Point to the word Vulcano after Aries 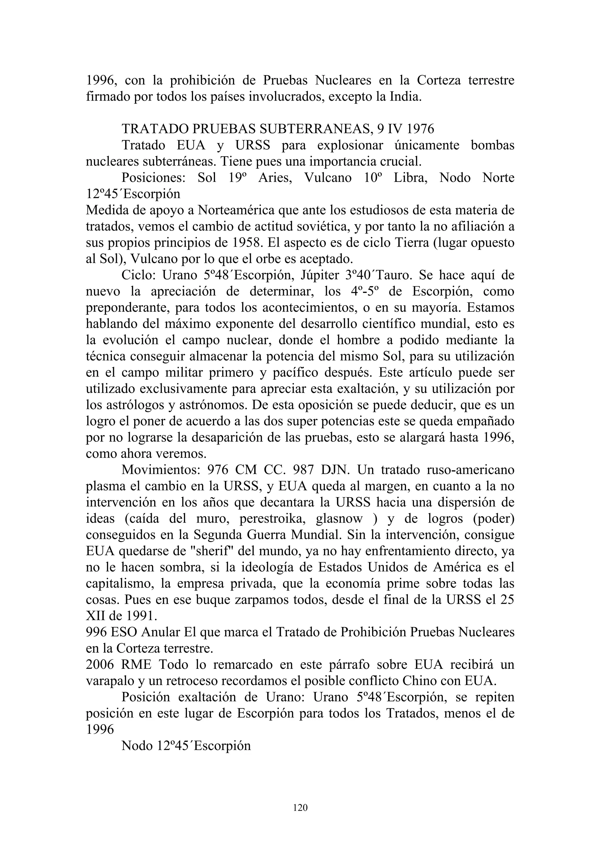click(x=328, y=178)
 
